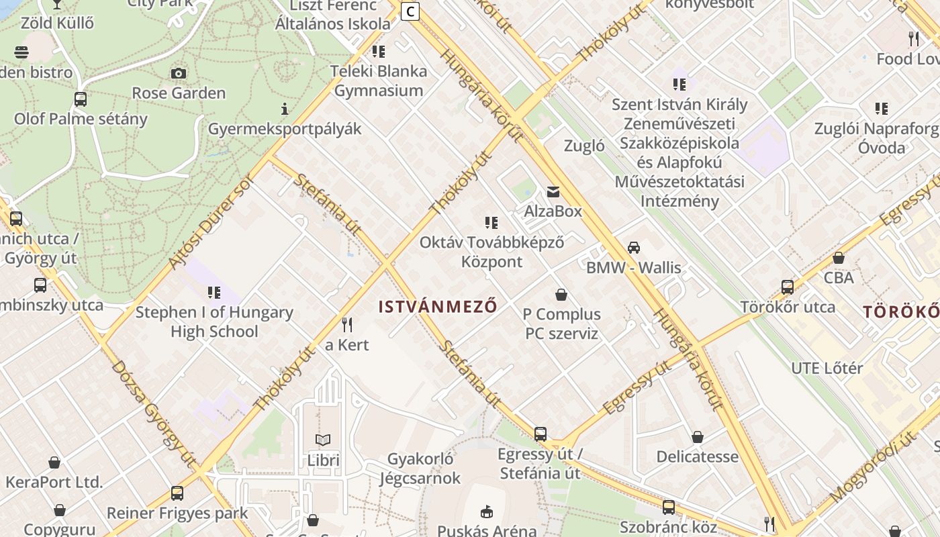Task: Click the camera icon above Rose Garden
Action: click(179, 73)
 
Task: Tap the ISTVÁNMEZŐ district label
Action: click(438, 307)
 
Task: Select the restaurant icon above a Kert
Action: click(347, 325)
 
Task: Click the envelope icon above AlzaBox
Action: click(553, 192)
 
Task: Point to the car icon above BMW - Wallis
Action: click(633, 248)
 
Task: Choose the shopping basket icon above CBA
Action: click(838, 258)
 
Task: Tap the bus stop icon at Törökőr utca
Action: click(788, 287)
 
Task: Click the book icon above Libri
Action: click(323, 440)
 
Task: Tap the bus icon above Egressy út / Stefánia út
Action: click(540, 434)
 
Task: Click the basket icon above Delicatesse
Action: click(698, 437)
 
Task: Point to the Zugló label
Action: click(584, 146)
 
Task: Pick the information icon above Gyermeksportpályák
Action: click(285, 109)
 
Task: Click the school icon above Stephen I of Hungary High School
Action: click(214, 293)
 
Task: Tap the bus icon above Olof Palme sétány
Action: click(81, 99)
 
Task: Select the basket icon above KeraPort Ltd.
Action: click(54, 462)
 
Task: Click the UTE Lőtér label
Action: click(827, 368)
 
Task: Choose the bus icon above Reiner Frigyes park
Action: click(177, 493)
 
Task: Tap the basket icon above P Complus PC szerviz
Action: click(561, 295)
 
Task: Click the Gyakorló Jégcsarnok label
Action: click(420, 469)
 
